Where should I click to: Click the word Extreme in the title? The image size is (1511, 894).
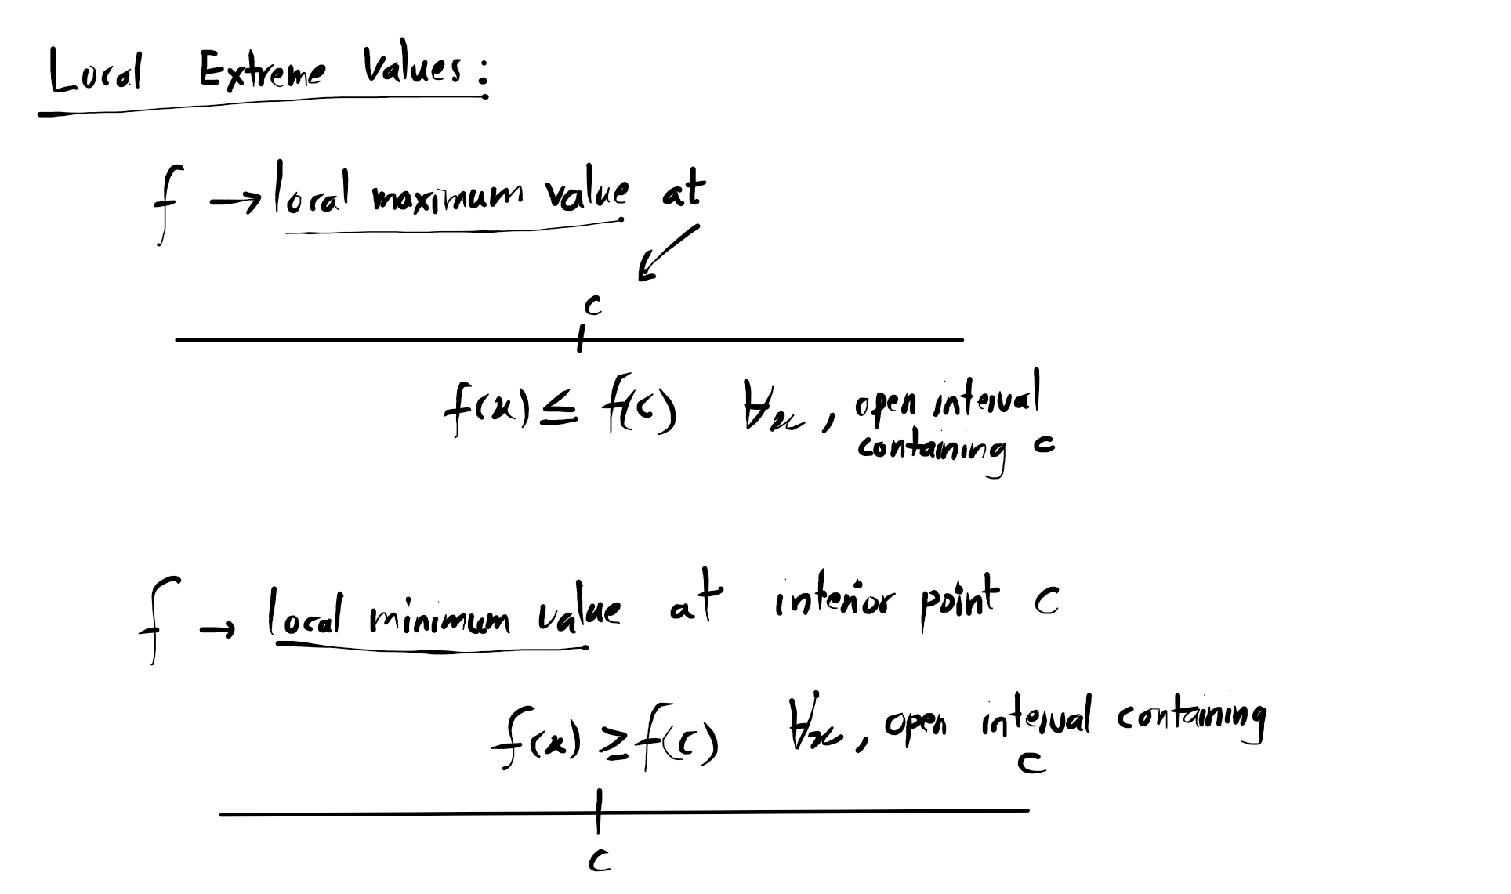pyautogui.click(x=261, y=73)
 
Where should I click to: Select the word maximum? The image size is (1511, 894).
pyautogui.click(x=448, y=197)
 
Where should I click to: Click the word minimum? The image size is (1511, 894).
pyautogui.click(x=440, y=618)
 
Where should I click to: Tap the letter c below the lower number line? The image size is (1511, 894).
pyautogui.click(x=599, y=862)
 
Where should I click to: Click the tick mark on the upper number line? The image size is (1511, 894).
pyautogui.click(x=579, y=340)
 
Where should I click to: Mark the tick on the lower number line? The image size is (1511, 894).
pyautogui.click(x=598, y=812)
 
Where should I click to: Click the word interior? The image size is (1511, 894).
pyautogui.click(x=833, y=603)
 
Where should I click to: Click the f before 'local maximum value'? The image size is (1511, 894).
pyautogui.click(x=166, y=203)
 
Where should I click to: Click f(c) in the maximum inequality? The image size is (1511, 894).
pyautogui.click(x=638, y=411)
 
